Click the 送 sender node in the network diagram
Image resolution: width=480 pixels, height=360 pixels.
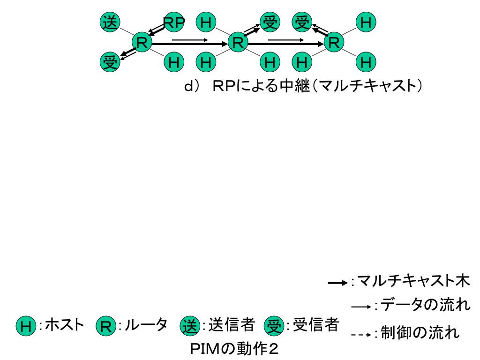110,22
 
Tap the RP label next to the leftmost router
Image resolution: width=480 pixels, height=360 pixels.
174,22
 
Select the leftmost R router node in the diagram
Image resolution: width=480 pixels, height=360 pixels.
142,42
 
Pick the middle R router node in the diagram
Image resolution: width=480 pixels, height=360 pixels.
238,42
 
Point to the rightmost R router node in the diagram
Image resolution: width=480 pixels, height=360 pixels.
334,42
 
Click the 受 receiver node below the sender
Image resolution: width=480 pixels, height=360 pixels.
110,62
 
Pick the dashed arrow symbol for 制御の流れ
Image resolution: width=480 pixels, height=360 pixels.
361,335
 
